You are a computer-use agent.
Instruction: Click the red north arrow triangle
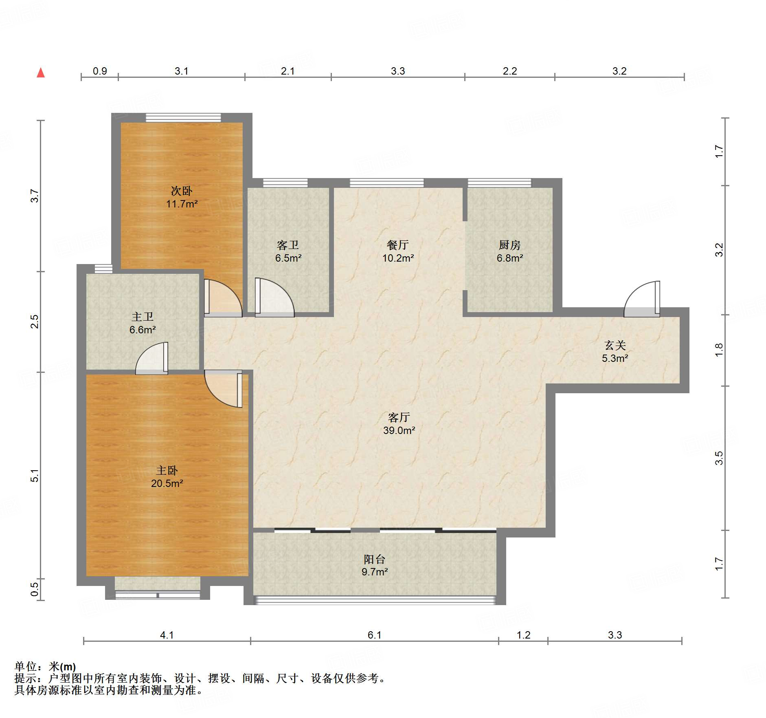tap(41, 73)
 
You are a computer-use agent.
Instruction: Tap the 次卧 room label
tap(181, 191)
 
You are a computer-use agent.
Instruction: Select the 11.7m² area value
tap(181, 204)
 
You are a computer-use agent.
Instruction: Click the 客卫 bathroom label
tap(288, 245)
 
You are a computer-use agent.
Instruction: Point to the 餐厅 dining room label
tap(398, 245)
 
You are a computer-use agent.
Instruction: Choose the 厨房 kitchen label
tap(509, 245)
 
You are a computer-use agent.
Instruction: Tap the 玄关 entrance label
tap(615, 345)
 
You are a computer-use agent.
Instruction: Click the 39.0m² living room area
tap(399, 430)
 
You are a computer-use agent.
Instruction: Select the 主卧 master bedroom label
tap(167, 471)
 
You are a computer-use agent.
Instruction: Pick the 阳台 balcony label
tap(375, 559)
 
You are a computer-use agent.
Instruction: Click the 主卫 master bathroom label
tap(143, 317)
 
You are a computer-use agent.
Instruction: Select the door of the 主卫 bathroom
tap(151, 358)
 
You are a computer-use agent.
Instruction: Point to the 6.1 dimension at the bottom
tap(374, 635)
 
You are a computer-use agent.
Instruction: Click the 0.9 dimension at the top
tap(100, 71)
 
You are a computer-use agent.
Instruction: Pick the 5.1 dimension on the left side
tap(35, 476)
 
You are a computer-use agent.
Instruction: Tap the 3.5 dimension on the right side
tap(719, 458)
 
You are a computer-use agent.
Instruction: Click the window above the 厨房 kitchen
tap(499, 183)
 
